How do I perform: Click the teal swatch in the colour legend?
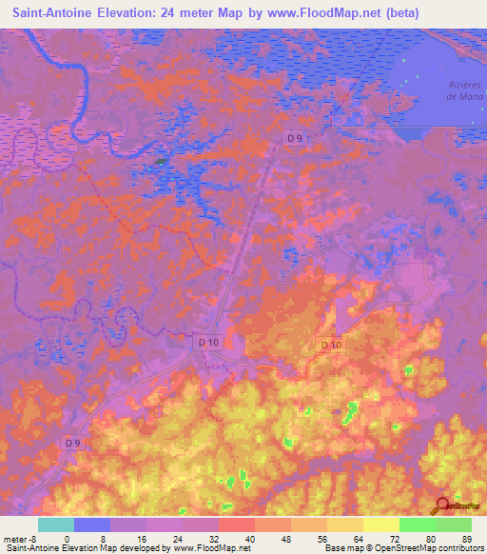pyautogui.click(x=56, y=524)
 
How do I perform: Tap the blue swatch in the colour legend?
pyautogui.click(x=92, y=524)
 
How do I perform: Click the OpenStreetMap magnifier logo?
pyautogui.click(x=442, y=506)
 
